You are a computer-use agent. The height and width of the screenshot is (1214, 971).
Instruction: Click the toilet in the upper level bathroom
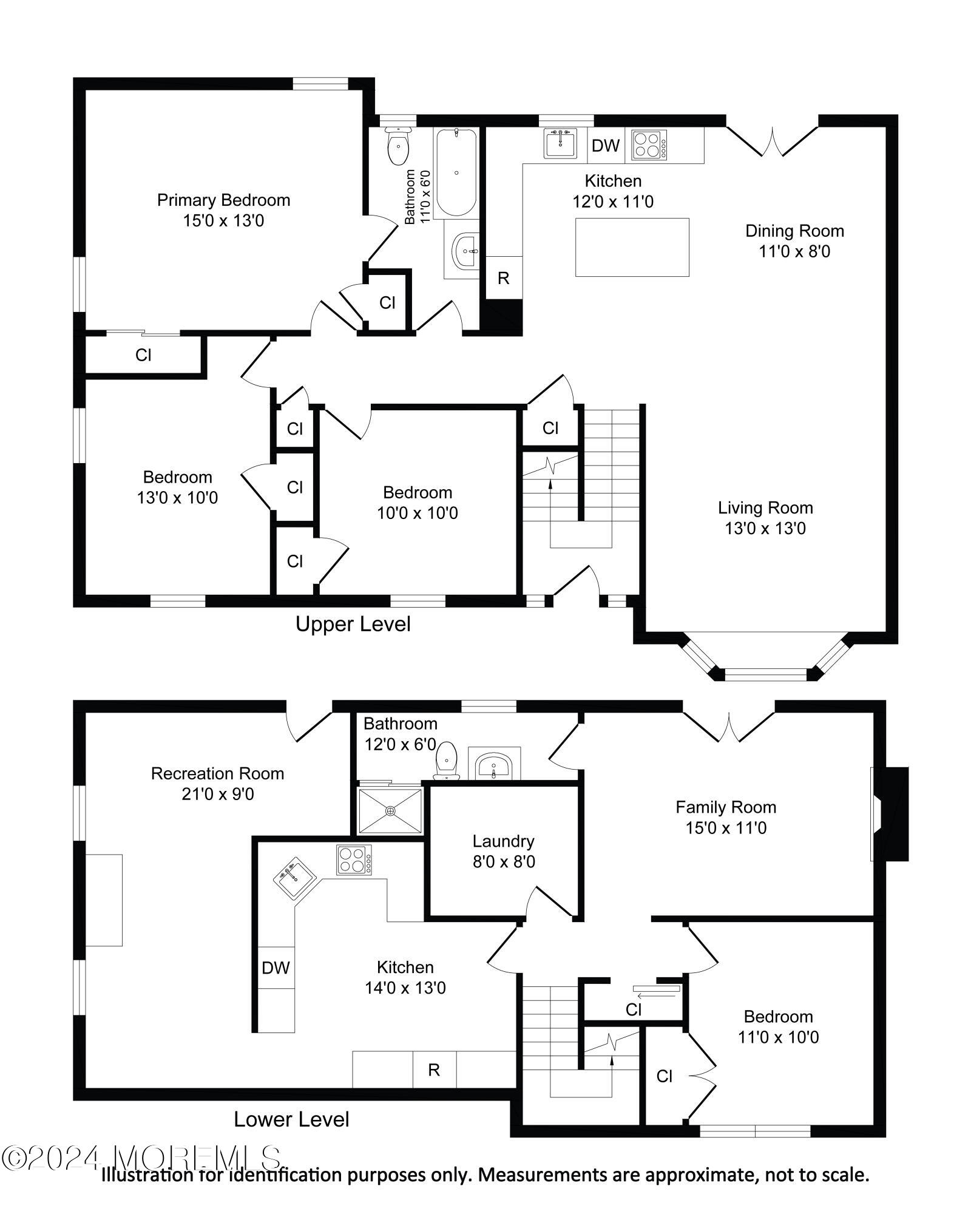point(398,146)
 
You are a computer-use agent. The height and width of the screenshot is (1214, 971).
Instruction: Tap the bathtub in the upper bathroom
point(456,172)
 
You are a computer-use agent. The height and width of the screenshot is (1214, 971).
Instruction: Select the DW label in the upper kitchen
point(605,146)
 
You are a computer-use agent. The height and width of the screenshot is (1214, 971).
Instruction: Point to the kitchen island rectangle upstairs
point(632,247)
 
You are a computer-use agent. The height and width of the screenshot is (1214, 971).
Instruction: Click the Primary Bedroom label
point(223,209)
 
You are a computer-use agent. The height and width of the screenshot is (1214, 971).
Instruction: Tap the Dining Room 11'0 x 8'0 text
point(794,240)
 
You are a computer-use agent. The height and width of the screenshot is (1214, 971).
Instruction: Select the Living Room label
point(765,517)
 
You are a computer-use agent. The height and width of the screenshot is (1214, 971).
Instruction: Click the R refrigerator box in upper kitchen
point(503,278)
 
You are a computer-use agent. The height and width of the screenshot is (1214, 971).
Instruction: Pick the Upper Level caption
point(353,624)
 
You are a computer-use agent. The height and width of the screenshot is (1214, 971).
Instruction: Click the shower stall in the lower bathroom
point(390,810)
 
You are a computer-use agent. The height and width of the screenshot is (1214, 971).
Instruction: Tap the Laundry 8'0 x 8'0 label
point(503,851)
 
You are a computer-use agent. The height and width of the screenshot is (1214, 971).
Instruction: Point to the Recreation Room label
point(217,783)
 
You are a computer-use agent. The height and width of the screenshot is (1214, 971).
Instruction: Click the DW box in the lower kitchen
point(276,968)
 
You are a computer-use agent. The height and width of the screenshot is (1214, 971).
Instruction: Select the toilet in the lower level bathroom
point(447,759)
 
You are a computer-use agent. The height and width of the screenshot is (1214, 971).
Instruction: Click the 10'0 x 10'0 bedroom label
point(418,503)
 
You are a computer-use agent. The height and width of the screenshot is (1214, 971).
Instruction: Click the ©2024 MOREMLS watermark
point(141,1158)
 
